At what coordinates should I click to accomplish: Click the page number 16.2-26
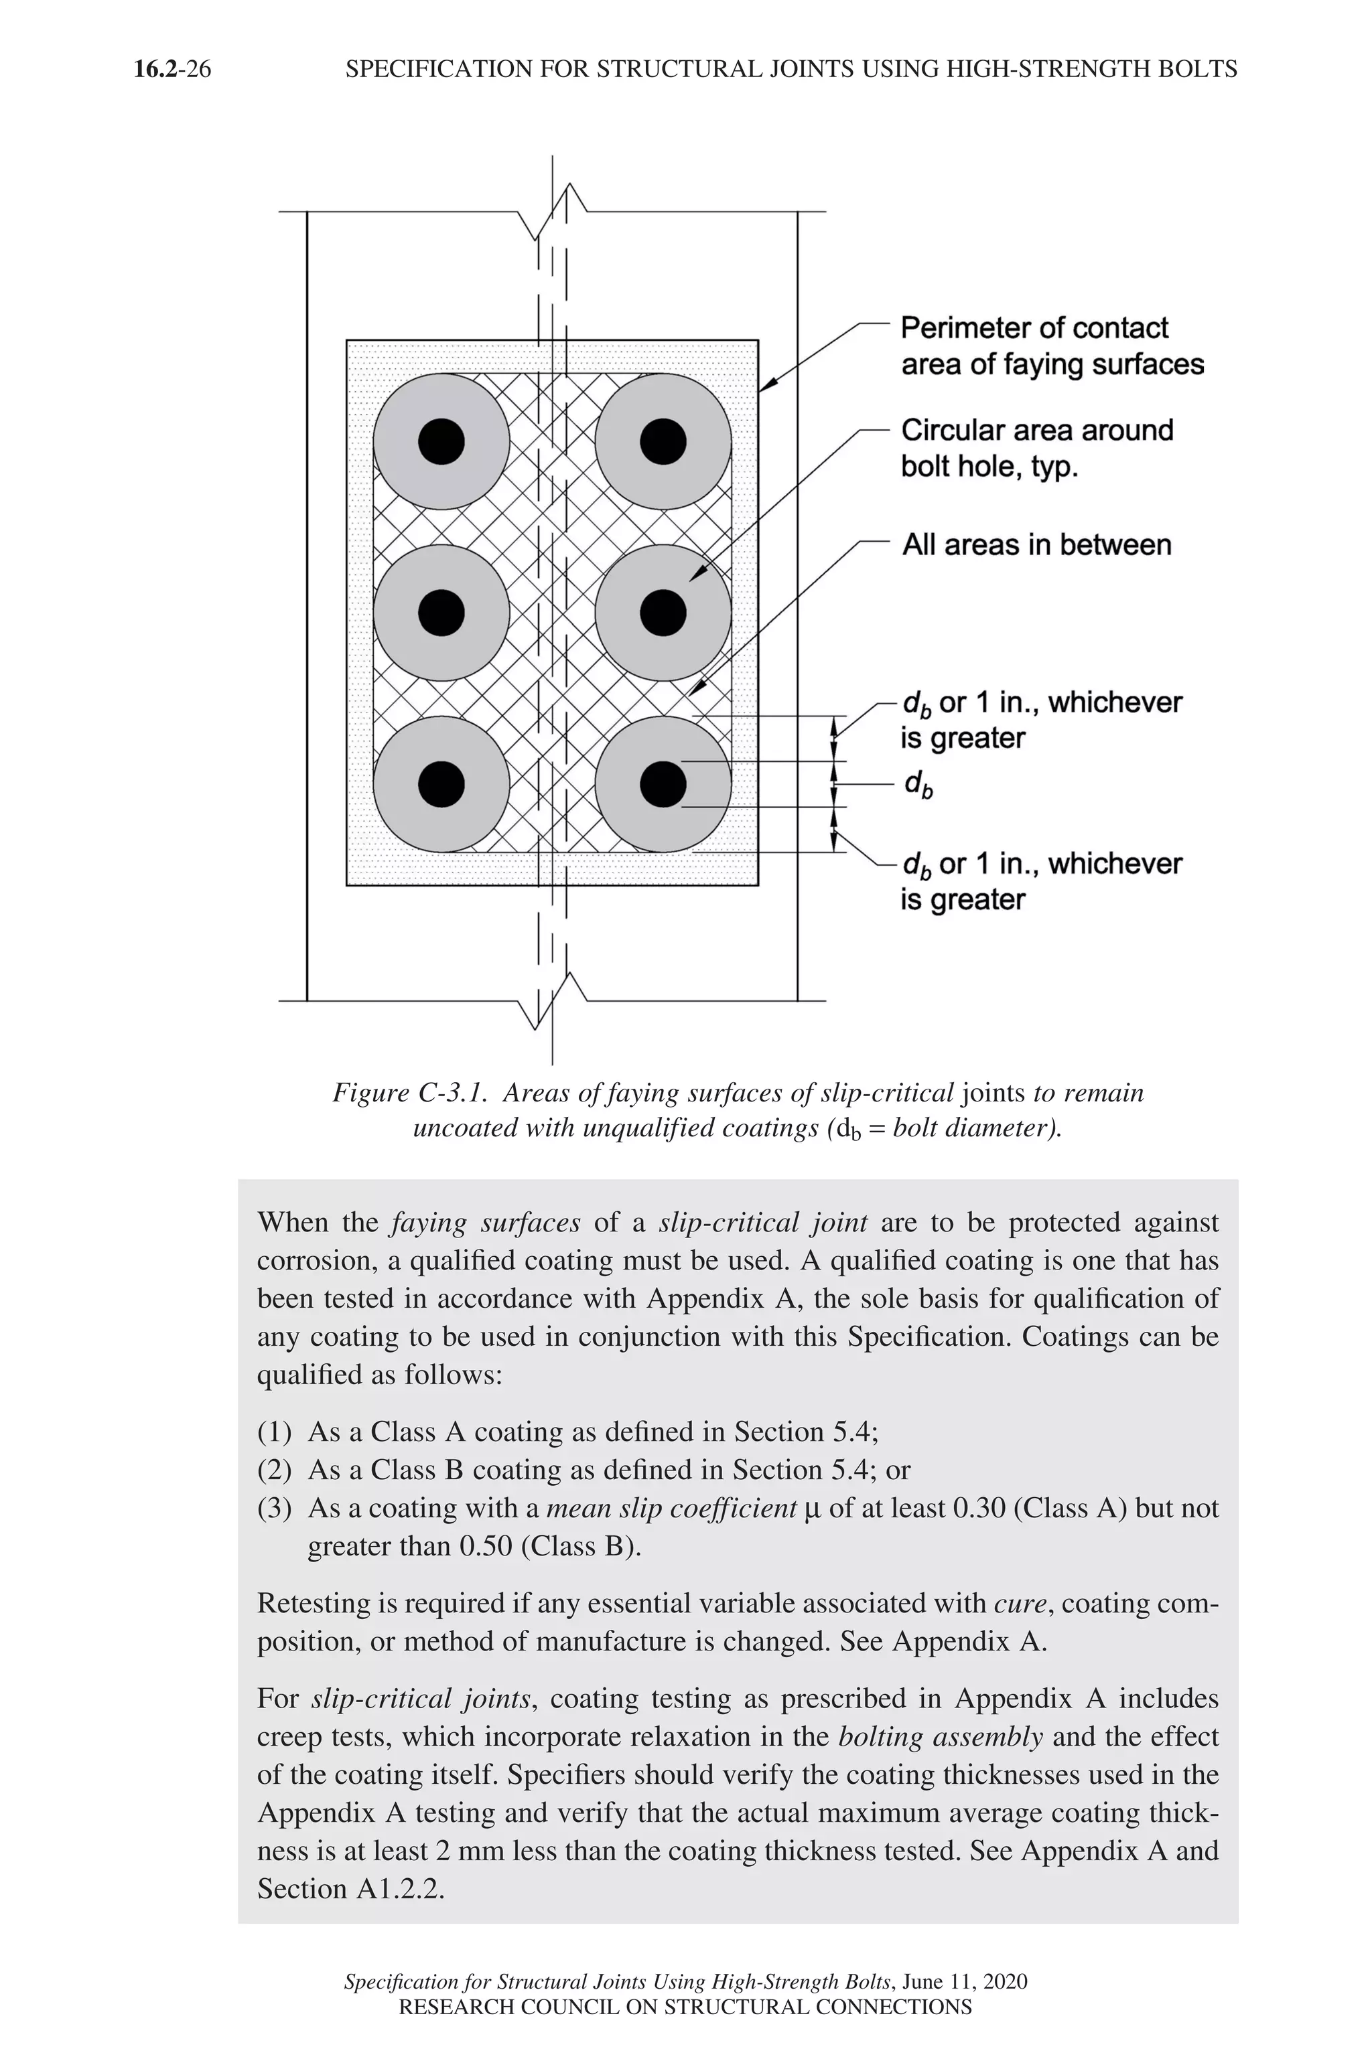tap(172, 69)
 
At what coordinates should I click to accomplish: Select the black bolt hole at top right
tap(663, 442)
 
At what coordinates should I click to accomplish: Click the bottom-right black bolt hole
tap(663, 783)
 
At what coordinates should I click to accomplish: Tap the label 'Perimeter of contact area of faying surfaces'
tap(1052, 346)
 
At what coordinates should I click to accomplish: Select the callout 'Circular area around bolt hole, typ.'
tap(1037, 448)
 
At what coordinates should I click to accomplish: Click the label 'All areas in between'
tap(1037, 545)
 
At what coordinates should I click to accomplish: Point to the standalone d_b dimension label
tap(918, 785)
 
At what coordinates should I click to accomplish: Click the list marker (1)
tap(274, 1432)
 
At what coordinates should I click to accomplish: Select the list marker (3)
tap(274, 1508)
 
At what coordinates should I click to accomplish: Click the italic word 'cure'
tap(1020, 1603)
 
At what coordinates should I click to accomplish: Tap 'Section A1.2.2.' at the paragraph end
tap(351, 1888)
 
